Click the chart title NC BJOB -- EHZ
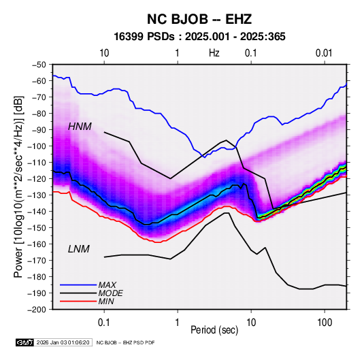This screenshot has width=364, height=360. pyautogui.click(x=199, y=19)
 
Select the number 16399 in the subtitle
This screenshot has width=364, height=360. pyautogui.click(x=129, y=37)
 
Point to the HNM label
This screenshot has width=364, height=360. pyautogui.click(x=80, y=127)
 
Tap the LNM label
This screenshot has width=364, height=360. pyautogui.click(x=79, y=249)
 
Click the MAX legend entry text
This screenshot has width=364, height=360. pyautogui.click(x=107, y=285)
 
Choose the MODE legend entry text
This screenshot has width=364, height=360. pyautogui.click(x=110, y=293)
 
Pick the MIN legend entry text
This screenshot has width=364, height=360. pyautogui.click(x=106, y=301)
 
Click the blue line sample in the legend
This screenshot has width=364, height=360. pyautogui.click(x=78, y=285)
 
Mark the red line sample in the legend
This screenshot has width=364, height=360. pyautogui.click(x=78, y=301)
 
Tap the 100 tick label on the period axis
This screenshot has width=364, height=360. pyautogui.click(x=325, y=323)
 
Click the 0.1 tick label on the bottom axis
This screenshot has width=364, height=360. pyautogui.click(x=104, y=323)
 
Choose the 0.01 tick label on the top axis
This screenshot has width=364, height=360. pyautogui.click(x=324, y=53)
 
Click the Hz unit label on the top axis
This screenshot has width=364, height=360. pyautogui.click(x=214, y=53)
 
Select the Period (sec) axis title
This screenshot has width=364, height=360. pyautogui.click(x=214, y=330)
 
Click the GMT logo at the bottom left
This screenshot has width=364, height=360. pyautogui.click(x=25, y=342)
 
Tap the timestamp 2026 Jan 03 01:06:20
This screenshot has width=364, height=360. pyautogui.click(x=63, y=342)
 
